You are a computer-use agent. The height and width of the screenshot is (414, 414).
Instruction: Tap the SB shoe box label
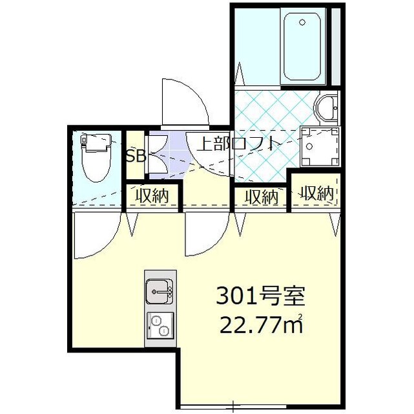(x=135, y=156)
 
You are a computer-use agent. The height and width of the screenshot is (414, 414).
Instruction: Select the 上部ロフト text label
(x=240, y=143)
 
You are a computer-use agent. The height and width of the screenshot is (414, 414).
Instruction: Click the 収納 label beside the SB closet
(x=152, y=196)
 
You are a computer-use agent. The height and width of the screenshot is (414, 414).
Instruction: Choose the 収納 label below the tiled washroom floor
(x=262, y=196)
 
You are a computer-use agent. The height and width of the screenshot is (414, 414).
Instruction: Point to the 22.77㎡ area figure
(x=258, y=323)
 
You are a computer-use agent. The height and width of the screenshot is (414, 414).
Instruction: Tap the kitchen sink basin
(x=158, y=292)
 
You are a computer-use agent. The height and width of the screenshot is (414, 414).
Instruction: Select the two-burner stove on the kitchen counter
(x=158, y=324)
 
